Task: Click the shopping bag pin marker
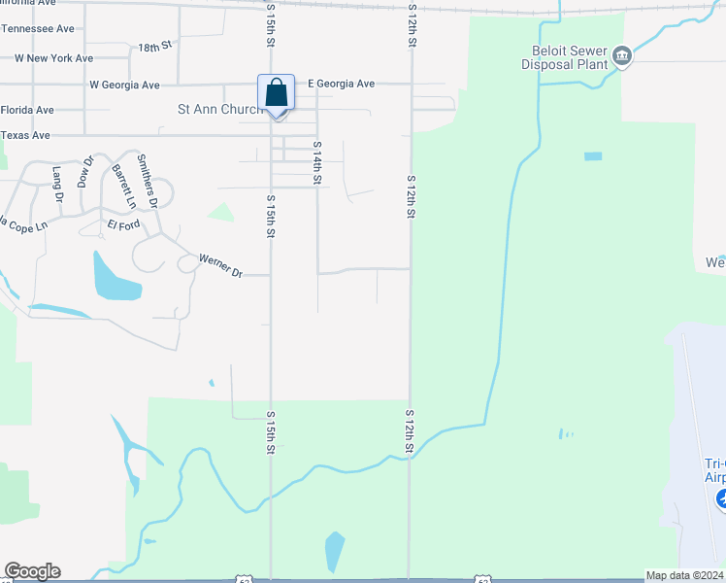(277, 95)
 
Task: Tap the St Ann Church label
(219, 110)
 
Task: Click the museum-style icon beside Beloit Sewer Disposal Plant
(622, 57)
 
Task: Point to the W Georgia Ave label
(124, 86)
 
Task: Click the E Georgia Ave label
(341, 85)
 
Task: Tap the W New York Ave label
(53, 58)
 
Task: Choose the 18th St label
(154, 47)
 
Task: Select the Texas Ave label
(25, 135)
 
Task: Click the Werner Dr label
(220, 265)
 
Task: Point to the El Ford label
(123, 224)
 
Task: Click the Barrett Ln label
(122, 187)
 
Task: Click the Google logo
(32, 571)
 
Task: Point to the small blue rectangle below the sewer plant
(592, 156)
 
